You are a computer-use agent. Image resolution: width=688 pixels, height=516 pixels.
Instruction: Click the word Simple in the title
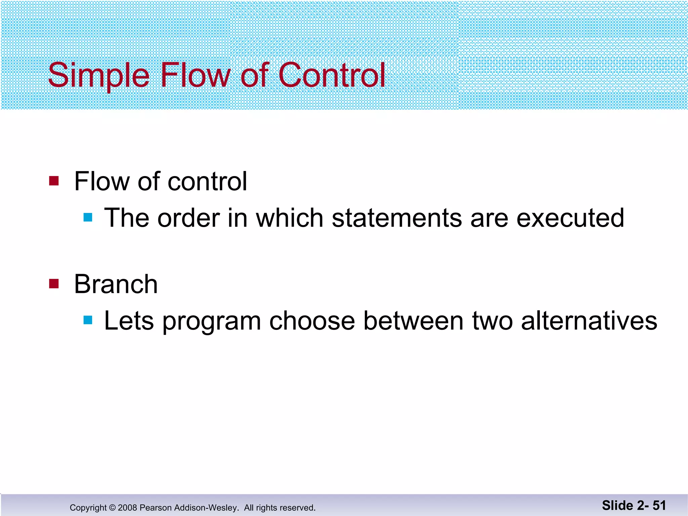(98, 75)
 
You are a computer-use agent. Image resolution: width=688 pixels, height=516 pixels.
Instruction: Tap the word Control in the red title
(332, 75)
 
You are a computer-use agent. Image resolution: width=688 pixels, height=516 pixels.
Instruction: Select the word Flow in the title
(195, 75)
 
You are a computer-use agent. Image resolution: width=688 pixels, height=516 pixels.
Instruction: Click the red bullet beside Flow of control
(54, 181)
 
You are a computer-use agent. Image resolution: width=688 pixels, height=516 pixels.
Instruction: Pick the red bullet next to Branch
(54, 284)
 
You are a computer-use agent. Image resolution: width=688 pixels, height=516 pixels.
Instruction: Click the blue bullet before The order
(88, 218)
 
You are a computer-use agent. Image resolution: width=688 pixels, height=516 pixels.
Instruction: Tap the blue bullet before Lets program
(88, 320)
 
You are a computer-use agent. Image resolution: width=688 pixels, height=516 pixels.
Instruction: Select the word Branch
(116, 284)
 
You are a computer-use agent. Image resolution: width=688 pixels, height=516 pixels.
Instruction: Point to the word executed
(570, 218)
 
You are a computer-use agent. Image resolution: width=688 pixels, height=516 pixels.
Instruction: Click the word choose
(312, 321)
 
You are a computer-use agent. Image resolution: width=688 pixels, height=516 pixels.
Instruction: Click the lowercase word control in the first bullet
(207, 181)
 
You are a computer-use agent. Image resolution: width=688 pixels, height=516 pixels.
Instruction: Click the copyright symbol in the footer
(112, 508)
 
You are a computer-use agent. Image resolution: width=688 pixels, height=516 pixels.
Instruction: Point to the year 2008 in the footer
(127, 508)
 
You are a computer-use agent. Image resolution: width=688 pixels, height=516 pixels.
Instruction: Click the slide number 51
(659, 505)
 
